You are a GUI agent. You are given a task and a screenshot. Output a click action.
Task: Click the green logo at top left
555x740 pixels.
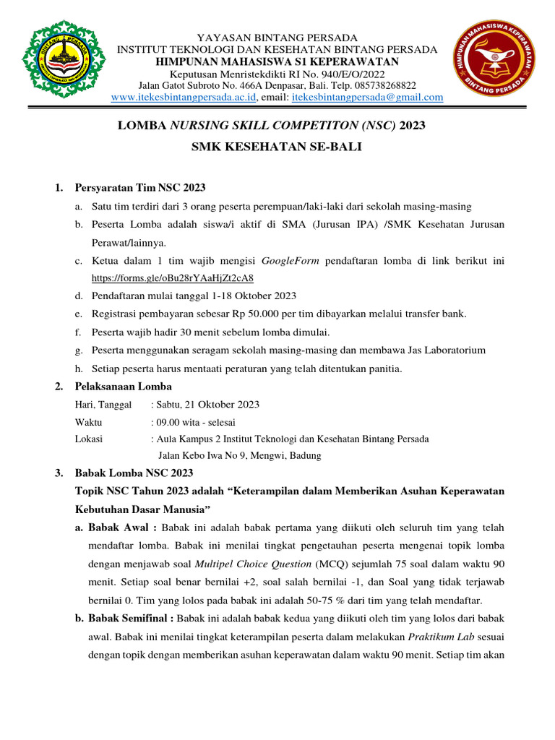[x=59, y=60]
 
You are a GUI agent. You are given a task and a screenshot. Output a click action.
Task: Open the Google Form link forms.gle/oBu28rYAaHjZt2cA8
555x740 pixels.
[x=173, y=277]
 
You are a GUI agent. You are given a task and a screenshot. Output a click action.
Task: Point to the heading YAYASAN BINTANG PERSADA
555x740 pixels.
[x=277, y=37]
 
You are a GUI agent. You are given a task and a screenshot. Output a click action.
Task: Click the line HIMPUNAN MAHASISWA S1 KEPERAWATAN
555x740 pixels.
[x=277, y=61]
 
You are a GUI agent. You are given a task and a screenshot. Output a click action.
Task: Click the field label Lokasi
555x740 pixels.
[x=89, y=439]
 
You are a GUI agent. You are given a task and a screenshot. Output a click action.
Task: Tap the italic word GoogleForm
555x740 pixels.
[x=291, y=260]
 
